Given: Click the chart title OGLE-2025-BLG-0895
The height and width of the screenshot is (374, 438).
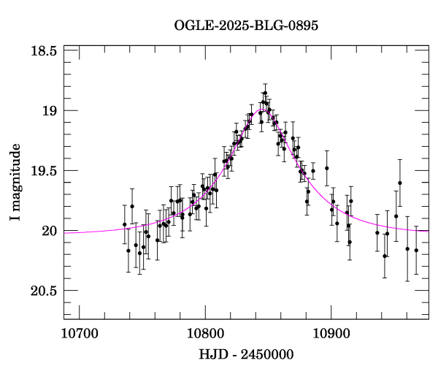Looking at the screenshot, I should coord(246,26).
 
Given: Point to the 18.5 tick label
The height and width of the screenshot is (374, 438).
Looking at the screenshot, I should coord(45,51).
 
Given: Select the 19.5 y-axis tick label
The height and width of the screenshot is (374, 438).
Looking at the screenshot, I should coord(45,171).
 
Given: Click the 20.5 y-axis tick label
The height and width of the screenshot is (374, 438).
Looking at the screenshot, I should coord(45,291).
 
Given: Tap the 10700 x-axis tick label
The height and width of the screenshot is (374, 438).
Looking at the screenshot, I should coord(78,334).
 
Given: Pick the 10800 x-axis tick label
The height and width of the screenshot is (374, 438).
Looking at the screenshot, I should coord(204,334).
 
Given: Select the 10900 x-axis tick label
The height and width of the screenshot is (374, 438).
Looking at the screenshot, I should coord(331,334).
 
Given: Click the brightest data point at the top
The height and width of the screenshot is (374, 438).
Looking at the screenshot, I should coord(265,93).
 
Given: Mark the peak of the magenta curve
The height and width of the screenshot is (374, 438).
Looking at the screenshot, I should coord(263,110).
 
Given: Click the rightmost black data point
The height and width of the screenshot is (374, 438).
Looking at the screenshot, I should coord(416,251).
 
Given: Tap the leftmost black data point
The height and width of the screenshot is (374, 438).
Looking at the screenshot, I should coord(124,224).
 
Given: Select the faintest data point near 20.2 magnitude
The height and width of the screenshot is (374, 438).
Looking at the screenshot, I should coord(385,256).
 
